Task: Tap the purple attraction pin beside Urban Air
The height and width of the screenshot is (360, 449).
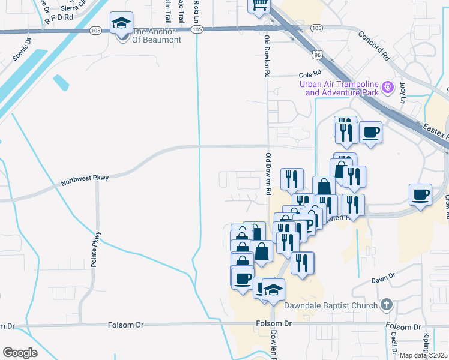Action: pyautogui.click(x=388, y=88)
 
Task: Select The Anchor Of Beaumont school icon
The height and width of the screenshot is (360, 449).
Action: pyautogui.click(x=121, y=25)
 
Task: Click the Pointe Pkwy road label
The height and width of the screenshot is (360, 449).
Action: pyautogui.click(x=98, y=249)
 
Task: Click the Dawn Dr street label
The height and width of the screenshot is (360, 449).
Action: pyautogui.click(x=383, y=277)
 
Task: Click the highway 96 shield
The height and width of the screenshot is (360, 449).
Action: pyautogui.click(x=316, y=55)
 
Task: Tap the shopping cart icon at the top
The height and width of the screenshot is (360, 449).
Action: pyautogui.click(x=259, y=5)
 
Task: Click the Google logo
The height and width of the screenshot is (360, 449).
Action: pyautogui.click(x=20, y=353)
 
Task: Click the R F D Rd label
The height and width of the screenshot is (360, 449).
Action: pyautogui.click(x=58, y=19)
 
